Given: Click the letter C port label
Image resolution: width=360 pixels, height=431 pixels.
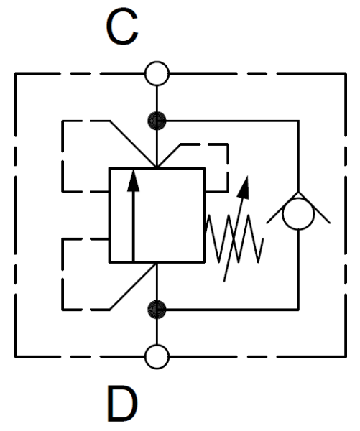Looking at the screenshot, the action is click(x=122, y=26).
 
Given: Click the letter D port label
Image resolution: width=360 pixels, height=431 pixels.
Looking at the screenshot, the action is click(x=122, y=404).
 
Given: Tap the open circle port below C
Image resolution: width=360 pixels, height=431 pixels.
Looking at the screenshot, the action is click(x=157, y=74).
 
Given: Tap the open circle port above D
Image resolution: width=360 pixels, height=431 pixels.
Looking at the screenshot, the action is click(x=157, y=357).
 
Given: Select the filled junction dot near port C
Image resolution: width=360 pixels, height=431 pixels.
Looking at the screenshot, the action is click(x=157, y=121).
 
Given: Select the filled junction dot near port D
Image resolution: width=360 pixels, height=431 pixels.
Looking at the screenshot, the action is click(x=157, y=310).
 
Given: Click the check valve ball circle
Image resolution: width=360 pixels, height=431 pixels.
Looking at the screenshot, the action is click(x=298, y=213).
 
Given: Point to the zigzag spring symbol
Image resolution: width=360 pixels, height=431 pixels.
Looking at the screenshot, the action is click(x=234, y=238).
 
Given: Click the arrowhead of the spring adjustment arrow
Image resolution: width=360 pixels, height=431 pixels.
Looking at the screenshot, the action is click(x=244, y=187).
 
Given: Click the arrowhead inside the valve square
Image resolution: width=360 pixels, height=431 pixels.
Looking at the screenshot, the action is click(x=134, y=180).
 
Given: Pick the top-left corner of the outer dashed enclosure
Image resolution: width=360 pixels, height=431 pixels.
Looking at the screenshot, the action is click(x=16, y=74).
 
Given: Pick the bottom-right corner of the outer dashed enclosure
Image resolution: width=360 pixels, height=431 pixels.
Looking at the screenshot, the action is click(x=346, y=357).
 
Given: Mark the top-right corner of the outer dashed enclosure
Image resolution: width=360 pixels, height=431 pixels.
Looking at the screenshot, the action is click(x=346, y=74).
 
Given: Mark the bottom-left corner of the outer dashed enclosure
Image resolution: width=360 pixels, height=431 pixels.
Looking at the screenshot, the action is click(x=16, y=357).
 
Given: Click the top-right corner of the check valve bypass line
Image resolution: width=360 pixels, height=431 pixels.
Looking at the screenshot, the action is click(x=298, y=121).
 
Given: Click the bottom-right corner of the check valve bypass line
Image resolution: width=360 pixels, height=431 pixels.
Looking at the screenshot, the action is click(x=298, y=310).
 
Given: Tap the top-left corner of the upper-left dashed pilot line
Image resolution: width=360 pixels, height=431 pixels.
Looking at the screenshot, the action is click(x=63, y=121).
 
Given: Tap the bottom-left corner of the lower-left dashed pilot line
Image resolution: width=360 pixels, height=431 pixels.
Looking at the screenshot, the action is click(x=63, y=310).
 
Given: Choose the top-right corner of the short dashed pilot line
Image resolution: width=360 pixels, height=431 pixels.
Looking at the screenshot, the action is click(x=228, y=144).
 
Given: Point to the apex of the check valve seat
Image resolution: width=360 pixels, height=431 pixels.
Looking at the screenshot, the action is click(x=298, y=192).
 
